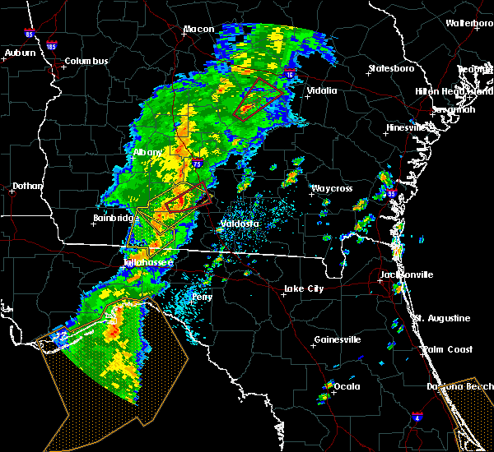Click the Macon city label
tap(198, 30)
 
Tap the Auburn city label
tap(21, 53)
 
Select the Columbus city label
tap(86, 62)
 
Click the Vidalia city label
tap(321, 90)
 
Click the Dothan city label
tap(27, 187)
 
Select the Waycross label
tap(331, 189)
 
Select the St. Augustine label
tap(442, 318)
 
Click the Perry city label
tap(202, 297)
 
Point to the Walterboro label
tap(469, 23)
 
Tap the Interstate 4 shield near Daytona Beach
tap(417, 418)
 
